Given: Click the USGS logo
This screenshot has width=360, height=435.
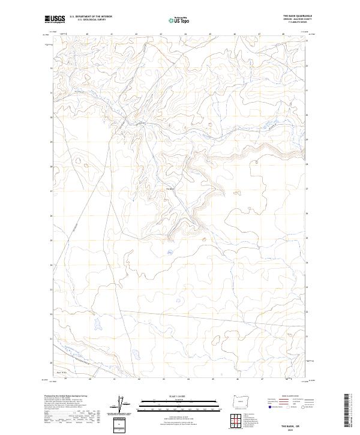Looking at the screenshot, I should tap(55, 19).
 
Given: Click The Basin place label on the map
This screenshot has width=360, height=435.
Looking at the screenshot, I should tap(170, 190).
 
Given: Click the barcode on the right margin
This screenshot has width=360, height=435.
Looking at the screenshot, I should tap(348, 408).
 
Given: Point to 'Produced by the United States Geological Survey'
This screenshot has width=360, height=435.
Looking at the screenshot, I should tap(60, 397).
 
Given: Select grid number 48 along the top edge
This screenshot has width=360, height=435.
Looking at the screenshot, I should tap(284, 34).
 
